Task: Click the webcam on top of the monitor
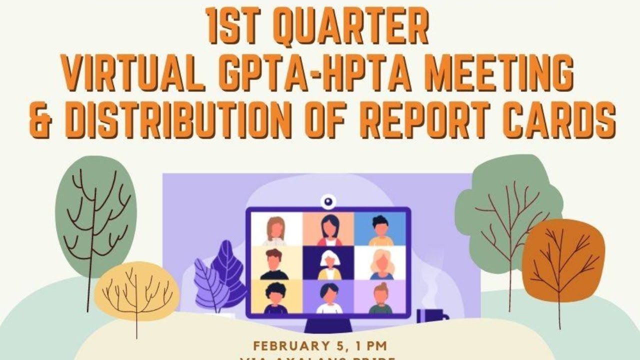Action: [x=328, y=201]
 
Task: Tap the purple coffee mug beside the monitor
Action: [x=429, y=316]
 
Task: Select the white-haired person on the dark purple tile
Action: [x=328, y=265]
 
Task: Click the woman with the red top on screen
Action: [x=328, y=230]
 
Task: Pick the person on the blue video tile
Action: [x=380, y=230]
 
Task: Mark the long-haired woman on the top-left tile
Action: [x=275, y=230]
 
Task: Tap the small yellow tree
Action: [x=136, y=290]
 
